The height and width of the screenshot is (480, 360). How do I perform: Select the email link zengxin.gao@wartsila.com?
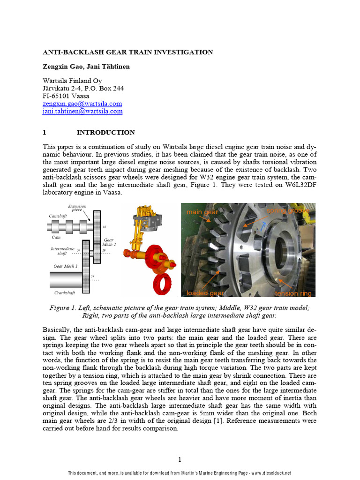click(x=82, y=104)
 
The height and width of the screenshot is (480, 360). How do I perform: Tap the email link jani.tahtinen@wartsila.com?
click(x=82, y=112)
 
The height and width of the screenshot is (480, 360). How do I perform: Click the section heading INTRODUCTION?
click(x=105, y=133)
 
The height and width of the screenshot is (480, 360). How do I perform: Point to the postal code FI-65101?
click(x=59, y=96)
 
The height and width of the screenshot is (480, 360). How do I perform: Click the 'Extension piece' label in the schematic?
click(x=77, y=208)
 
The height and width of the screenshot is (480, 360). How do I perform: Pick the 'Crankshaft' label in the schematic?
click(x=65, y=292)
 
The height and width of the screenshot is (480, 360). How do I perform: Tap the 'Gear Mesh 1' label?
click(x=66, y=266)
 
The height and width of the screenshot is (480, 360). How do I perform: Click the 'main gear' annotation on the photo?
click(x=202, y=212)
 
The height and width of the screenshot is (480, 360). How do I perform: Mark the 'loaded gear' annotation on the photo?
click(x=205, y=293)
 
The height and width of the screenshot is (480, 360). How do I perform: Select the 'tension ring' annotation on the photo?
click(x=293, y=293)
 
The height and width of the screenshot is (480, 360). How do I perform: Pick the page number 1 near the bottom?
click(x=180, y=459)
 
